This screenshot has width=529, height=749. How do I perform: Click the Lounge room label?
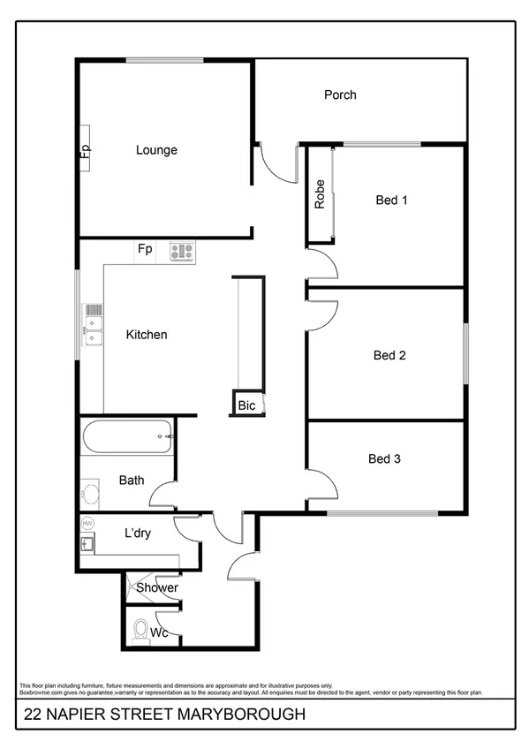pyautogui.click(x=156, y=150)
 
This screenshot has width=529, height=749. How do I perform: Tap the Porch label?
pyautogui.click(x=340, y=95)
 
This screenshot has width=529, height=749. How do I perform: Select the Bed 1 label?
pyautogui.click(x=391, y=200)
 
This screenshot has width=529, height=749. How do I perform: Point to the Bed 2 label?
pyautogui.click(x=389, y=356)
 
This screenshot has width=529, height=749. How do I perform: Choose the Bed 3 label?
pyautogui.click(x=385, y=458)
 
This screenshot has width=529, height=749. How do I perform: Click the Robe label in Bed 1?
pyautogui.click(x=320, y=194)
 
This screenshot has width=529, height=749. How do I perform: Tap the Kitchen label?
pyautogui.click(x=147, y=335)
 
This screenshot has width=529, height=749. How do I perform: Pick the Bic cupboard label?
pyautogui.click(x=246, y=406)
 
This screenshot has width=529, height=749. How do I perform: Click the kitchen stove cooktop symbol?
pyautogui.click(x=182, y=252)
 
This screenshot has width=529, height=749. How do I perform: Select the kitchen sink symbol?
pyautogui.click(x=93, y=323)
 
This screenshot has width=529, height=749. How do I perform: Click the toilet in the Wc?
pyautogui.click(x=140, y=631)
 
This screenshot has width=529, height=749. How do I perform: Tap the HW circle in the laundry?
pyautogui.click(x=87, y=524)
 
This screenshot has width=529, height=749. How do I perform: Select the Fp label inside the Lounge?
pyautogui.click(x=86, y=150)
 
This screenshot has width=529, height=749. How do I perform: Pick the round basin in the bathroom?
pyautogui.click(x=89, y=490)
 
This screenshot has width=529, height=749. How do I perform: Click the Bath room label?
pyautogui.click(x=132, y=480)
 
